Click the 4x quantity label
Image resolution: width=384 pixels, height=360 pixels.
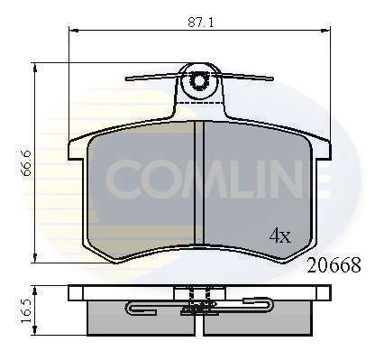click(279, 236)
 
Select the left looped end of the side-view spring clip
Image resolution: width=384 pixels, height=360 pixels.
click(132, 311)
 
